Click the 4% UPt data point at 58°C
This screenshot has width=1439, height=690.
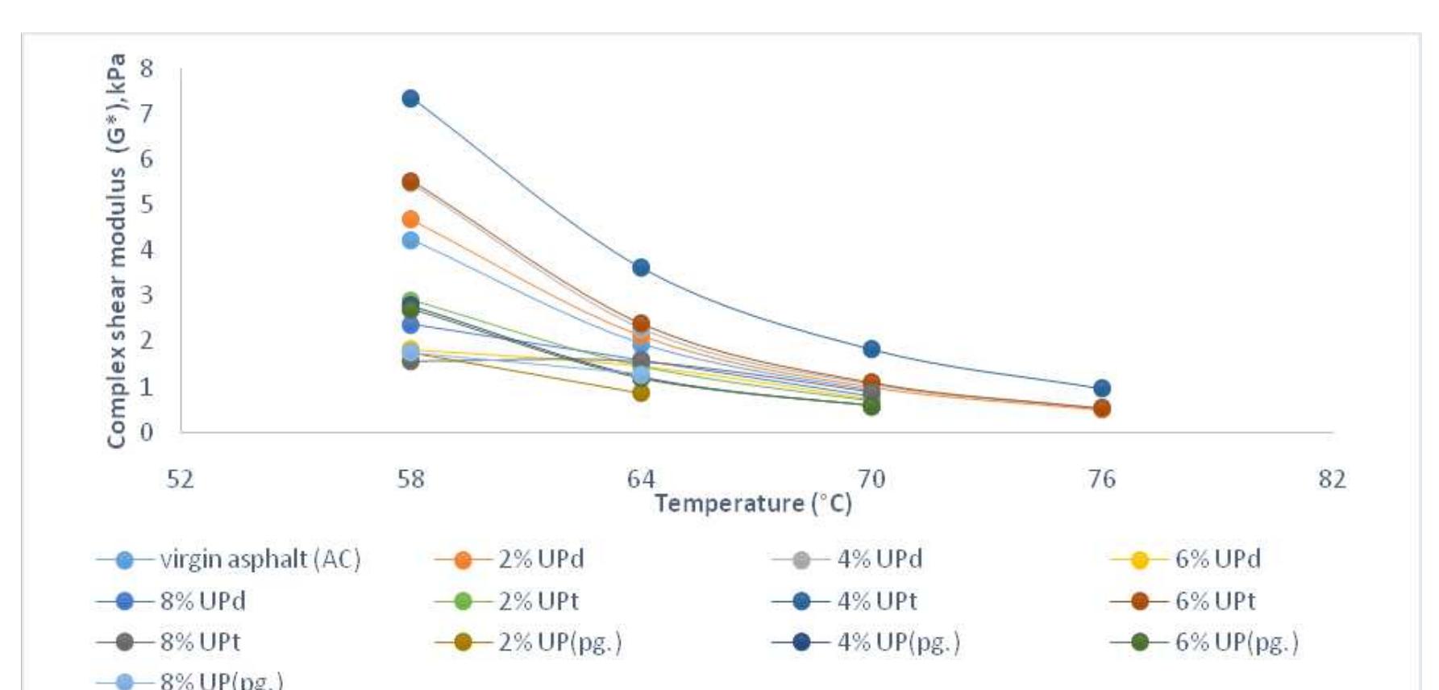pyautogui.click(x=410, y=98)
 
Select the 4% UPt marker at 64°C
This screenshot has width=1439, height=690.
pyautogui.click(x=641, y=268)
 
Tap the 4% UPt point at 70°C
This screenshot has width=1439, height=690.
pyautogui.click(x=871, y=349)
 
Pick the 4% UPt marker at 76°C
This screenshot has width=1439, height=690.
pyautogui.click(x=1102, y=389)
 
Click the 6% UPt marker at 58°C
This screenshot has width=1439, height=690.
pyautogui.click(x=410, y=181)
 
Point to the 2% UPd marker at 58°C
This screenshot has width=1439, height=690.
pyautogui.click(x=410, y=218)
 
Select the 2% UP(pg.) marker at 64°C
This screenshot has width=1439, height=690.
pyautogui.click(x=641, y=393)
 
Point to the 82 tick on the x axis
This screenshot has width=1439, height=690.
pyautogui.click(x=1333, y=480)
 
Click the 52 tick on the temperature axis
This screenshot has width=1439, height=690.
pyautogui.click(x=181, y=480)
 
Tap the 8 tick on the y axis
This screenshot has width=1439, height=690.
pyautogui.click(x=146, y=69)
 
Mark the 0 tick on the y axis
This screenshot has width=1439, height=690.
pyautogui.click(x=146, y=432)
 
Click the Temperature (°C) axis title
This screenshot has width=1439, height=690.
pyautogui.click(x=753, y=504)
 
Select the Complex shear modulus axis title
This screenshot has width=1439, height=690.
pyautogui.click(x=118, y=250)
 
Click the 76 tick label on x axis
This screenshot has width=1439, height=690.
pyautogui.click(x=1102, y=480)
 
